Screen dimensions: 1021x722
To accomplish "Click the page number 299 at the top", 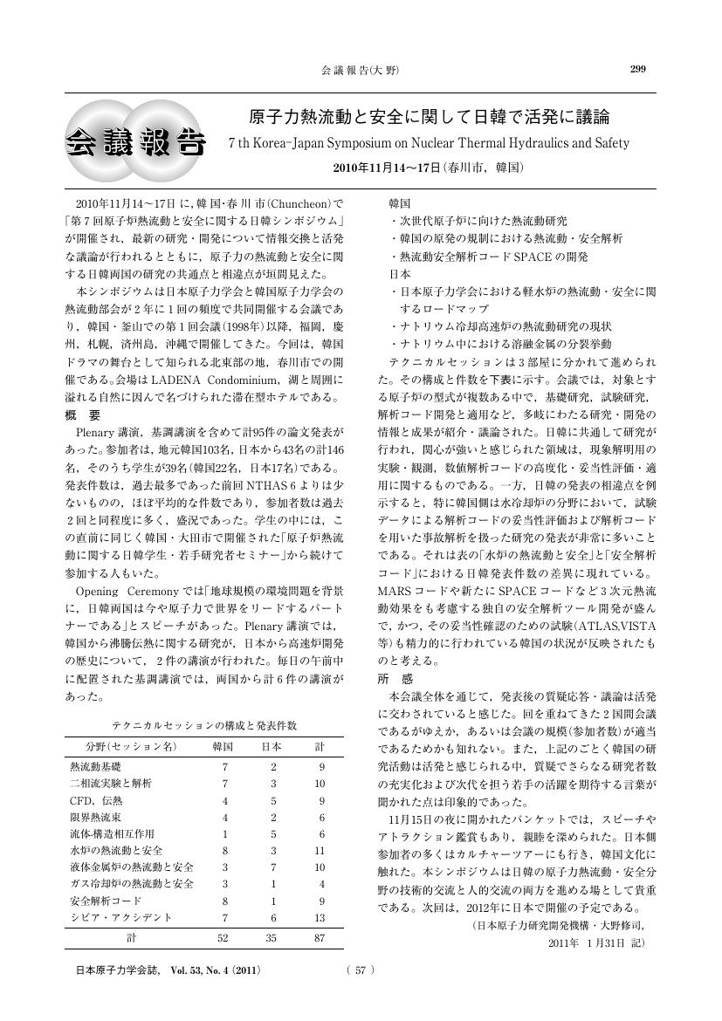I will coord(638,70).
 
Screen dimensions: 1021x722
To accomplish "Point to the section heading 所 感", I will coord(395,678).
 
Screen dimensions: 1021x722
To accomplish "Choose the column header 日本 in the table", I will coord(272,748).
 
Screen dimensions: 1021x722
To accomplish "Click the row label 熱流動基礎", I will coord(95,766).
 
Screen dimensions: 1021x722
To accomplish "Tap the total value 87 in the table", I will coord(319,939).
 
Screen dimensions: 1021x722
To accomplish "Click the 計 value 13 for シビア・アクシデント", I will coord(319,917).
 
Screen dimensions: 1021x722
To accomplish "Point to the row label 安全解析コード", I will coord(106,901).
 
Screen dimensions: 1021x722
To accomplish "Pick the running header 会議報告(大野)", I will coord(360,70).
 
